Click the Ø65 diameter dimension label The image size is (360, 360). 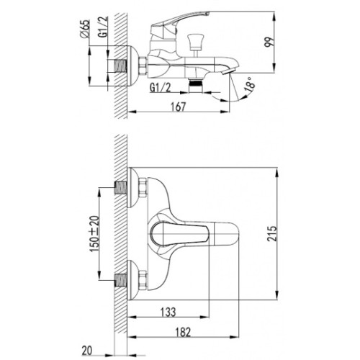coord(84,29)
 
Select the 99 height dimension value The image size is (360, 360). coord(269,42)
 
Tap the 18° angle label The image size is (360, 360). coord(249,84)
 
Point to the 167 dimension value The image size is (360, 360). coord(178,107)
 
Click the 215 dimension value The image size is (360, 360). coord(272,233)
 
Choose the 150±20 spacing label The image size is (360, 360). coord(94,233)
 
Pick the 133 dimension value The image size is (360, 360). coord(168,312)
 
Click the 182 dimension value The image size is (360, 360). coord(183,332)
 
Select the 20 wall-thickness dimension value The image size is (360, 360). coord(86,351)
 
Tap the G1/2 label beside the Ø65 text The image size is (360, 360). coord(103,27)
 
